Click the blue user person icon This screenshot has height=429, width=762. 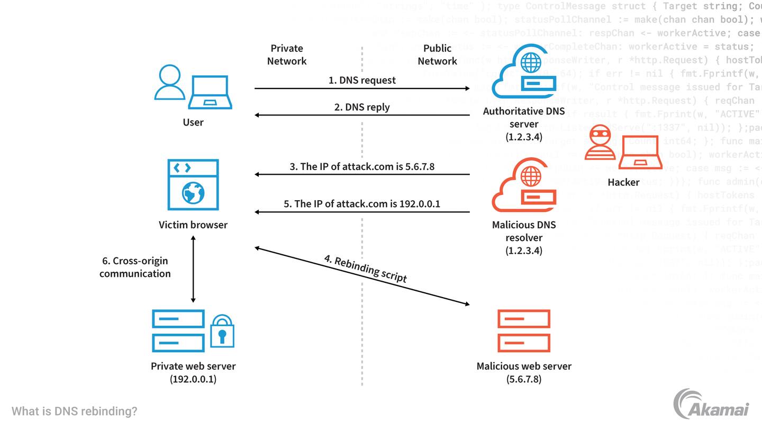(x=170, y=83)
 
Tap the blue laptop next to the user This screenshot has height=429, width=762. (x=210, y=92)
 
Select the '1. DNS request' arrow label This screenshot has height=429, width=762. (x=362, y=81)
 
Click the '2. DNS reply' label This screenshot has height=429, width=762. (x=362, y=107)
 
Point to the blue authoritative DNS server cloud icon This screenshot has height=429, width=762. (x=523, y=74)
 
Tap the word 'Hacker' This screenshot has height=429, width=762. (x=623, y=182)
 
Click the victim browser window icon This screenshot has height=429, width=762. (x=193, y=185)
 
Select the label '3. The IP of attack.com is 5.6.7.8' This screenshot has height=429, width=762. (x=362, y=166)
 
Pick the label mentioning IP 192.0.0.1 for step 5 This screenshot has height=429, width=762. (x=362, y=204)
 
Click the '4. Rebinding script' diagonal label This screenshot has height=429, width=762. (x=366, y=269)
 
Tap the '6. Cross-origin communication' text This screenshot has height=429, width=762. (x=135, y=267)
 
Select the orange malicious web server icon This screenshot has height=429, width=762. (x=524, y=331)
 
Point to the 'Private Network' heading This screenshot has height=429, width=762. (x=287, y=55)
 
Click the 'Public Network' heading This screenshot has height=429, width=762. (x=437, y=55)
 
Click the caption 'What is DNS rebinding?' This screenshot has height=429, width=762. (x=75, y=411)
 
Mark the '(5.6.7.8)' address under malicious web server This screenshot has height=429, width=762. (x=524, y=379)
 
